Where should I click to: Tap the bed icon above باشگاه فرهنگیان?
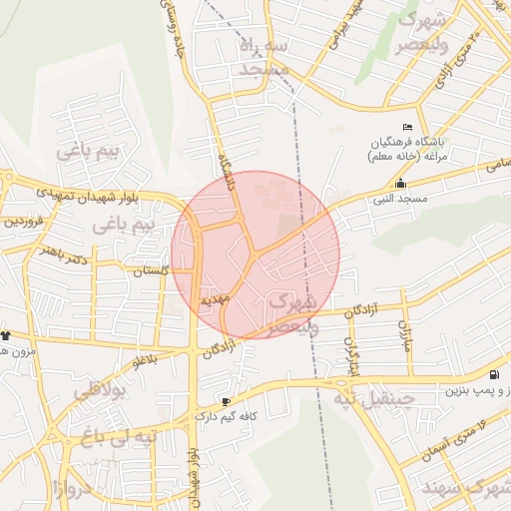(406, 127)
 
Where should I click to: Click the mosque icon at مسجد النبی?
(401, 183)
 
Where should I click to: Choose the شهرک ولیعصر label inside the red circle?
(293, 311)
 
